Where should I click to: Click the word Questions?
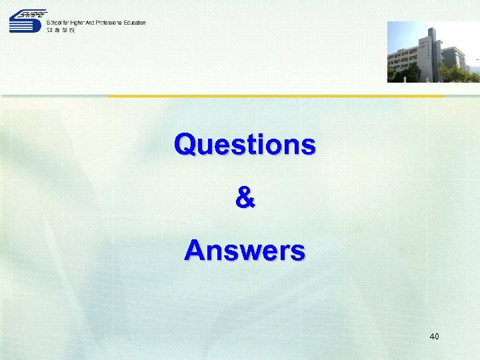pos(245,144)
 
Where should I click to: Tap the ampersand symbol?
pos(245,198)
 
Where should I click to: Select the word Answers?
pos(245,251)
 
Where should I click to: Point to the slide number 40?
pos(434,337)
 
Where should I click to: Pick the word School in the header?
pos(55,23)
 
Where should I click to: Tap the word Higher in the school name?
pos(78,23)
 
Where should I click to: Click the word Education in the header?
pos(135,23)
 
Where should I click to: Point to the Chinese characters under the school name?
pos(61,30)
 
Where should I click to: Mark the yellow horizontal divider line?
pos(276,96)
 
